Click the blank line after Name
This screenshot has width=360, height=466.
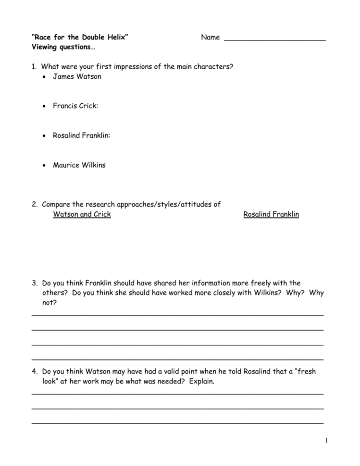[x=275, y=38]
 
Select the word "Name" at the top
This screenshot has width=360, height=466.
[x=210, y=37]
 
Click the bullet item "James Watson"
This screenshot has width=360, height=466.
[x=77, y=76]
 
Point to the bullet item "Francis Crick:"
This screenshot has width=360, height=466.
[x=75, y=106]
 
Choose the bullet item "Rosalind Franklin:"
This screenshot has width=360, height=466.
[x=81, y=135]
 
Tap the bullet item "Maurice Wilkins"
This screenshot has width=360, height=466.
[x=79, y=165]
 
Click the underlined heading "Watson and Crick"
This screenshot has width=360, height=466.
[x=82, y=214]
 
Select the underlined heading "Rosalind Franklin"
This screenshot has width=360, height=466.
[x=271, y=214]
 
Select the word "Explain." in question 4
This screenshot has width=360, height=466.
[x=202, y=381]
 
